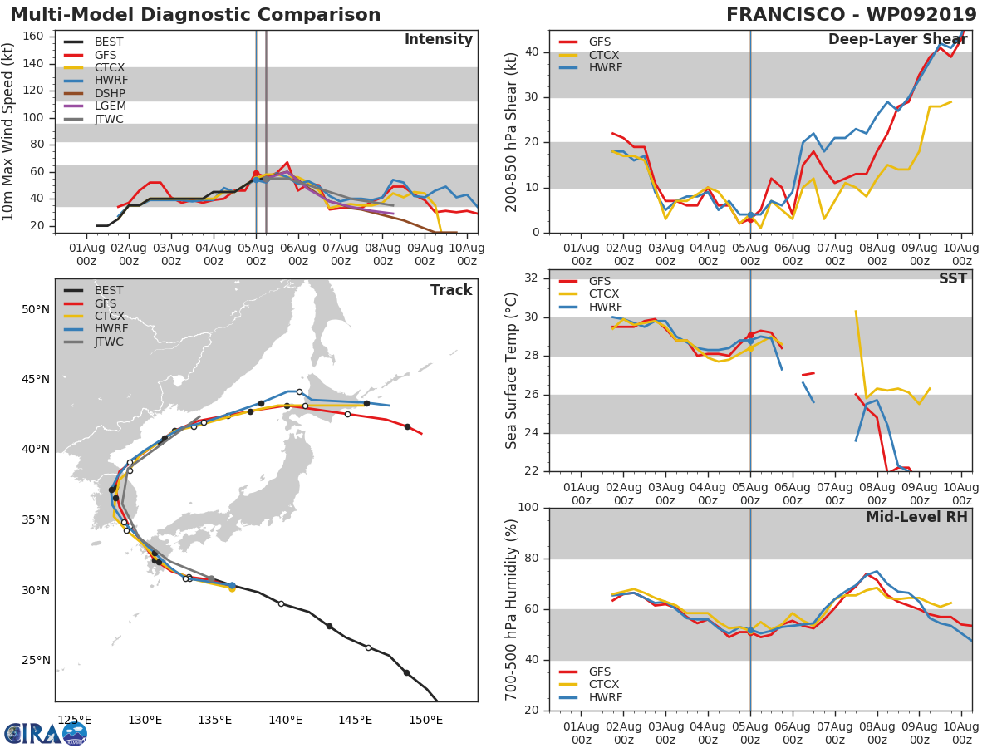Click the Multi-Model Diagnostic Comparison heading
[x=195, y=15]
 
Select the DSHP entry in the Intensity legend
[x=110, y=93]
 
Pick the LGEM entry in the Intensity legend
[x=110, y=106]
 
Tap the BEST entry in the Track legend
[x=109, y=291]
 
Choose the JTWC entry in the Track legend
[x=109, y=342]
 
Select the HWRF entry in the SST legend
[x=605, y=307]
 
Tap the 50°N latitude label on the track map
[x=35, y=310]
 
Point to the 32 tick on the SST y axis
[x=532, y=278]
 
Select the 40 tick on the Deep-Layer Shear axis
[x=532, y=52]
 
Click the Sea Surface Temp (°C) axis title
[x=512, y=370]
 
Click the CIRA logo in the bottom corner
[x=46, y=733]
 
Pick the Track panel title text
[x=450, y=291]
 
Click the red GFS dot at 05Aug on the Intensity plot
[x=256, y=173]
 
